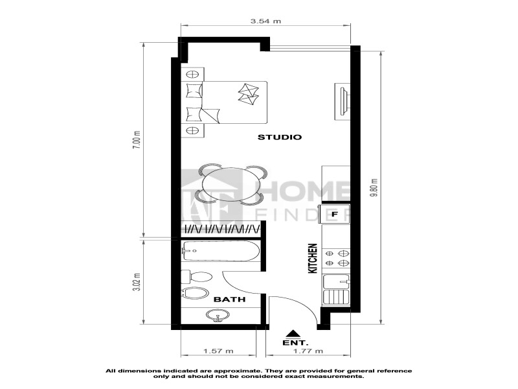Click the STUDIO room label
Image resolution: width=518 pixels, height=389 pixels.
(x=280, y=137)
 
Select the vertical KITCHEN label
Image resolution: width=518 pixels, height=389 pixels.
(x=313, y=258)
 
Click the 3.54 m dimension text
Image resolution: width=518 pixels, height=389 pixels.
(x=265, y=21)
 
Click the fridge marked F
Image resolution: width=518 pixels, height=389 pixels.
(x=335, y=214)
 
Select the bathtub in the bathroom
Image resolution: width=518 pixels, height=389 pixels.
(x=221, y=251)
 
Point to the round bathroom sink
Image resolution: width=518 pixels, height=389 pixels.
(x=218, y=315)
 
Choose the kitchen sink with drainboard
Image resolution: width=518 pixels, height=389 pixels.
(x=336, y=289)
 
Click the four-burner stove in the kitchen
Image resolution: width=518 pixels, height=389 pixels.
(x=337, y=258)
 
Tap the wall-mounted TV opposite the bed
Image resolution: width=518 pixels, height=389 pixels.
(x=343, y=101)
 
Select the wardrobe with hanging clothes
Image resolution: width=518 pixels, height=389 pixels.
(x=220, y=229)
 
